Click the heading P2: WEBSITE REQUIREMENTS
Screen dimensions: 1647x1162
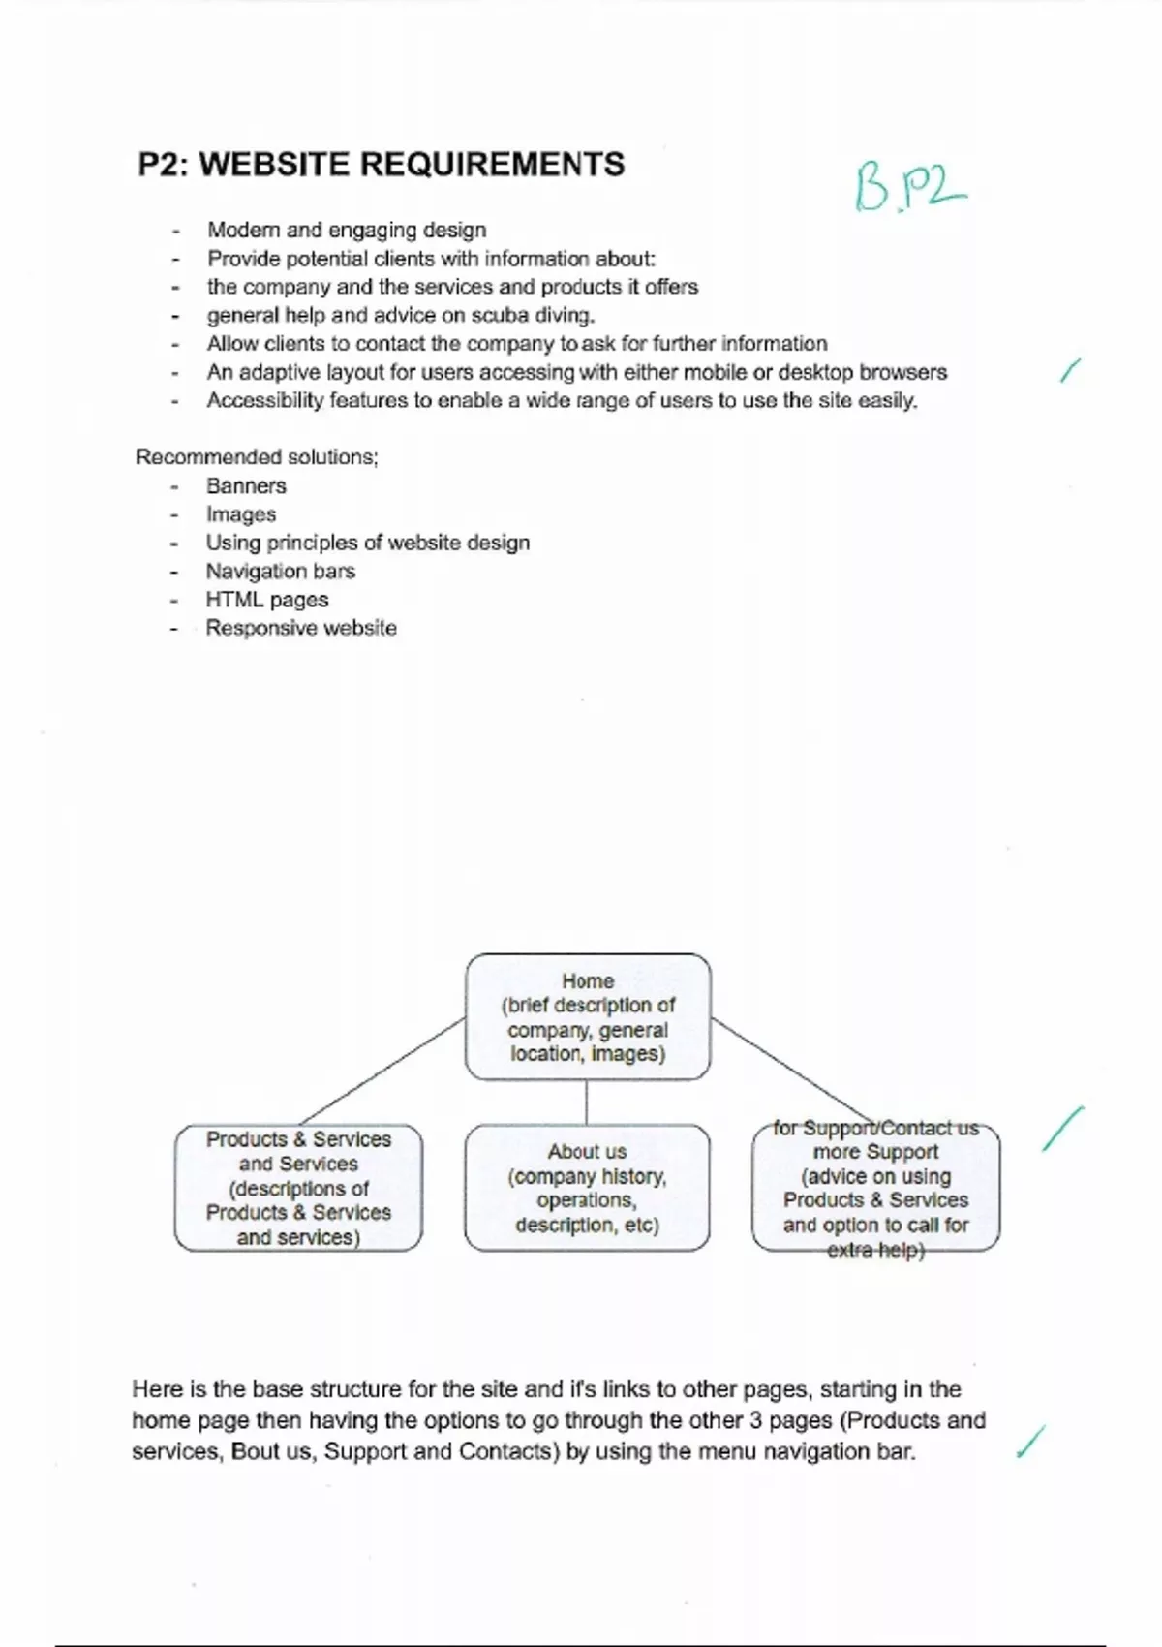(x=381, y=165)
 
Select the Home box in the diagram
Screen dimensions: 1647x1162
(x=588, y=1016)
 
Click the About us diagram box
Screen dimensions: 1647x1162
(x=587, y=1188)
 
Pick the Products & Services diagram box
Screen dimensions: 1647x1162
(x=298, y=1188)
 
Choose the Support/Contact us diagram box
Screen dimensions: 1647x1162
(x=875, y=1188)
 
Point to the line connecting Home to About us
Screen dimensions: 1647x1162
(x=587, y=1102)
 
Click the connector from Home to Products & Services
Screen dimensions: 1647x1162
(x=382, y=1071)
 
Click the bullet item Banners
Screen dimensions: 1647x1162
(x=246, y=486)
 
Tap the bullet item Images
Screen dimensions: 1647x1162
(x=241, y=514)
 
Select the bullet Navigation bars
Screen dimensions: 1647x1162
(x=280, y=572)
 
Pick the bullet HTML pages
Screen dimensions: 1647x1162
(x=266, y=600)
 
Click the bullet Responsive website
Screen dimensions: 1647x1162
(x=300, y=628)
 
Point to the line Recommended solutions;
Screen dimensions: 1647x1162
(x=257, y=457)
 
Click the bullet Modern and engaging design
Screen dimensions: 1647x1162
(x=347, y=231)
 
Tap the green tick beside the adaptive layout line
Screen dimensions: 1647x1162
(x=1069, y=370)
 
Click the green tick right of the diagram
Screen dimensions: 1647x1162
(x=1062, y=1129)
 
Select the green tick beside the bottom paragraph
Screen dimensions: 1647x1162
(x=1031, y=1442)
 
